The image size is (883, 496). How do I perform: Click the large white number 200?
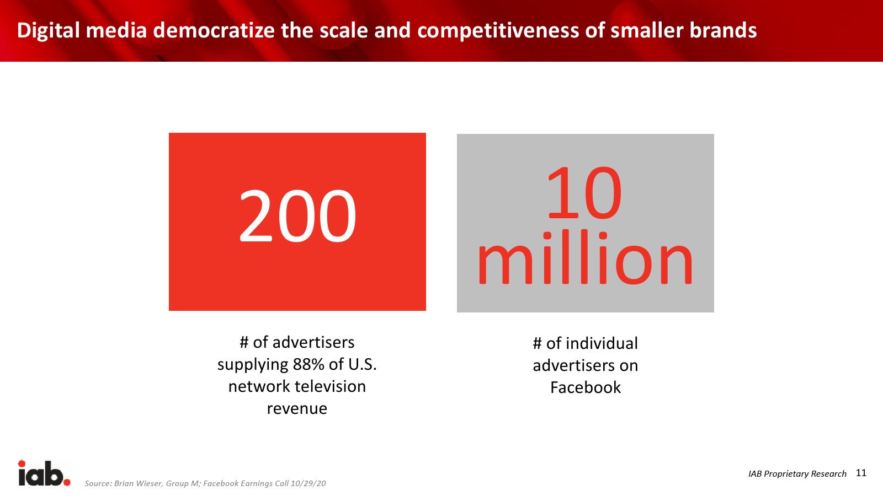click(x=297, y=215)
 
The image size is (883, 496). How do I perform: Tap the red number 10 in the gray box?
click(x=584, y=192)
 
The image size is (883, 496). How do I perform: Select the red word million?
click(x=585, y=257)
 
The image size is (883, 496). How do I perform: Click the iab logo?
click(x=44, y=473)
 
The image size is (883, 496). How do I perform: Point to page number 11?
click(x=861, y=473)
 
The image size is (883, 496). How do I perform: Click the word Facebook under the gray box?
click(x=586, y=387)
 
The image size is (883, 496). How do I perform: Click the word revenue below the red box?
click(x=297, y=408)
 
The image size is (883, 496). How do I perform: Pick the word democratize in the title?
click(x=214, y=30)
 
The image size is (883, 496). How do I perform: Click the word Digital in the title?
click(x=49, y=31)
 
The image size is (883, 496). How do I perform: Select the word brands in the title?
click(x=724, y=30)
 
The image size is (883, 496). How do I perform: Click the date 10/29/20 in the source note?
click(x=308, y=483)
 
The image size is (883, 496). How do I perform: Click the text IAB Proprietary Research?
click(x=797, y=473)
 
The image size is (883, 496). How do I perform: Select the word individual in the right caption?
click(x=602, y=343)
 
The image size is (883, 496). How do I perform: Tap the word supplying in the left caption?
click(x=253, y=365)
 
